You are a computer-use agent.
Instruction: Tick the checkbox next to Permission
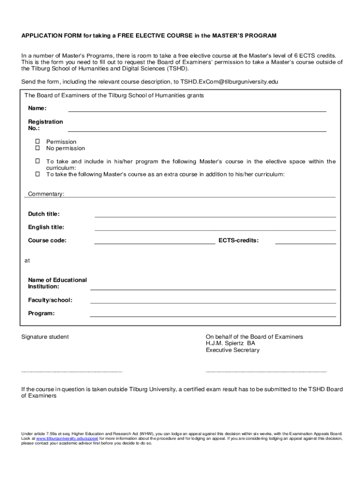(x=38, y=142)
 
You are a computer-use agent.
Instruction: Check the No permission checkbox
(x=38, y=148)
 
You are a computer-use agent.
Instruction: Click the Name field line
(x=197, y=111)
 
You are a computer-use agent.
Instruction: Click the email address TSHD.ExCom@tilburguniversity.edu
(x=226, y=82)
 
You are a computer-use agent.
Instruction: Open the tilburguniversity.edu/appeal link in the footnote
(x=67, y=439)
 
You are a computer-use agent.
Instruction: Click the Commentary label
(x=46, y=194)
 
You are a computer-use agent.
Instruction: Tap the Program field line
(x=213, y=316)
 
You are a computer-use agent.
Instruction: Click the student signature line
(x=72, y=371)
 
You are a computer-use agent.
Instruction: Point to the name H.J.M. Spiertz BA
(x=230, y=343)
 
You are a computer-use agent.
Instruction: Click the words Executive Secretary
(x=232, y=350)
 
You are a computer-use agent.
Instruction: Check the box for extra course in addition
(x=38, y=174)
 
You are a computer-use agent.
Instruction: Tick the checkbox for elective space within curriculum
(x=38, y=161)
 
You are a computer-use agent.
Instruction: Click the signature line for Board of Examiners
(x=266, y=371)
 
